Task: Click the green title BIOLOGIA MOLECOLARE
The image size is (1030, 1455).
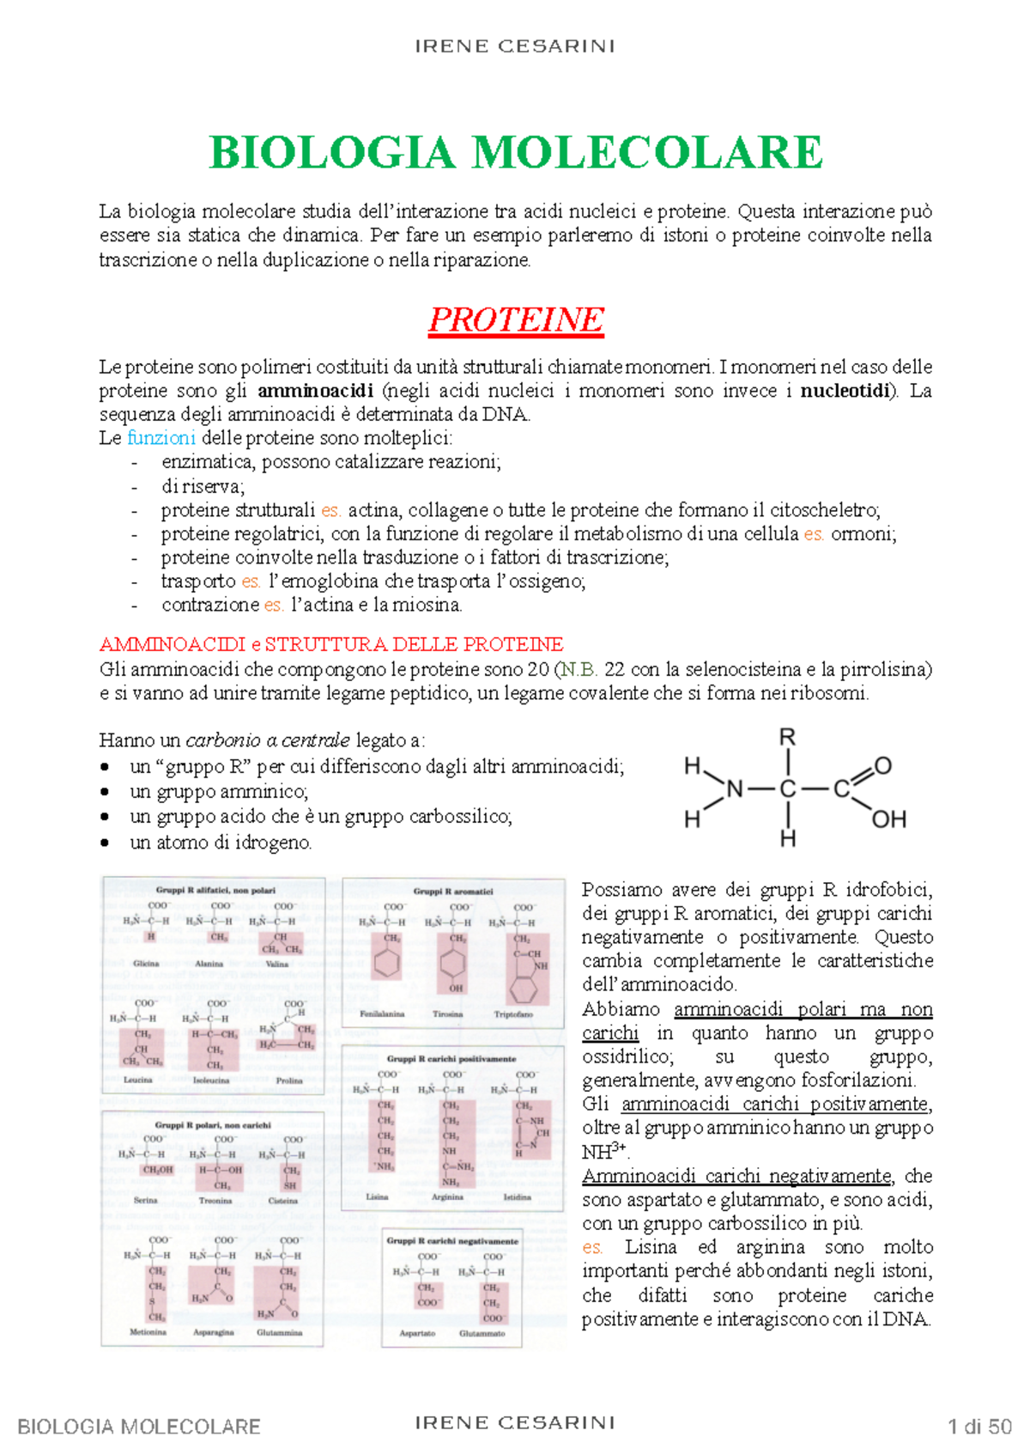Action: pyautogui.click(x=516, y=153)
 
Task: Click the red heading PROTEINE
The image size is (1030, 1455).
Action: pyautogui.click(x=516, y=320)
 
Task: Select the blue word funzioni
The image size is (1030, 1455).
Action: pyautogui.click(x=161, y=438)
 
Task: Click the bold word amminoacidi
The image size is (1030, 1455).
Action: pyautogui.click(x=315, y=391)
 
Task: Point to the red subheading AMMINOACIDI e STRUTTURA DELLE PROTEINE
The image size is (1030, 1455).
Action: pyautogui.click(x=331, y=644)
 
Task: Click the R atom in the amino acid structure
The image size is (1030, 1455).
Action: pyautogui.click(x=787, y=737)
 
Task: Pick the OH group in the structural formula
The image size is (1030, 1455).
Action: pyautogui.click(x=888, y=819)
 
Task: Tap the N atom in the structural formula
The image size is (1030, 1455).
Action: pyautogui.click(x=735, y=789)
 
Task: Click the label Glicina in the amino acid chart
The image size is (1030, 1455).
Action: pyautogui.click(x=146, y=964)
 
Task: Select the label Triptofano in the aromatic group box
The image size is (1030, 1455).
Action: pyautogui.click(x=513, y=1014)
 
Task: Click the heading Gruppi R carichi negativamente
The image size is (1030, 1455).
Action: pyautogui.click(x=452, y=1241)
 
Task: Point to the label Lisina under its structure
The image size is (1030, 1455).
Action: pyautogui.click(x=377, y=1196)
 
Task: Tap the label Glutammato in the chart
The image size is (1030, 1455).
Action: pyautogui.click(x=482, y=1334)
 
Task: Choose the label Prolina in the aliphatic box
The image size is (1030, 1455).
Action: pyautogui.click(x=289, y=1081)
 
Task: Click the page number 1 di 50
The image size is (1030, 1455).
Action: pyautogui.click(x=979, y=1428)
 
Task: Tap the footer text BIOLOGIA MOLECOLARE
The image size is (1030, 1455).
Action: pyautogui.click(x=139, y=1428)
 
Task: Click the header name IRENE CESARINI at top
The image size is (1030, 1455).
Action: pyautogui.click(x=515, y=46)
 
